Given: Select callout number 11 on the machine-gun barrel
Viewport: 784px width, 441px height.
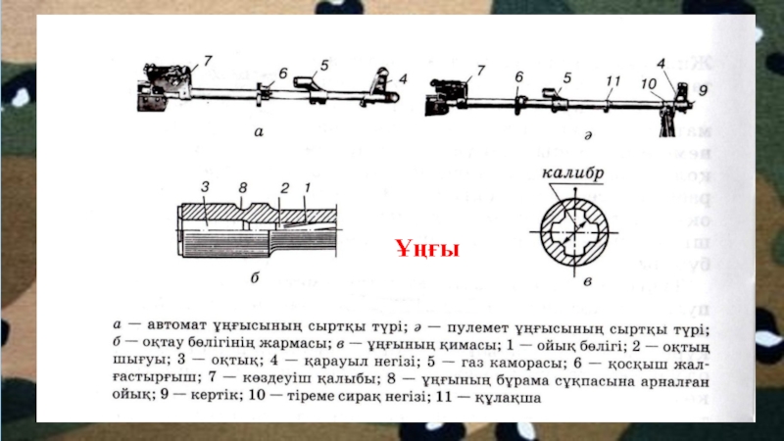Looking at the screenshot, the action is [x=613, y=79].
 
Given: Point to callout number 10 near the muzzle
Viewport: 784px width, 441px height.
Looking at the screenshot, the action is [x=650, y=86].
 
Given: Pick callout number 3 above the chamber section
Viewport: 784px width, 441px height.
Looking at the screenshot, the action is [x=206, y=185].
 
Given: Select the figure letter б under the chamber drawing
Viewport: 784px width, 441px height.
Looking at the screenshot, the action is [x=253, y=277].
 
